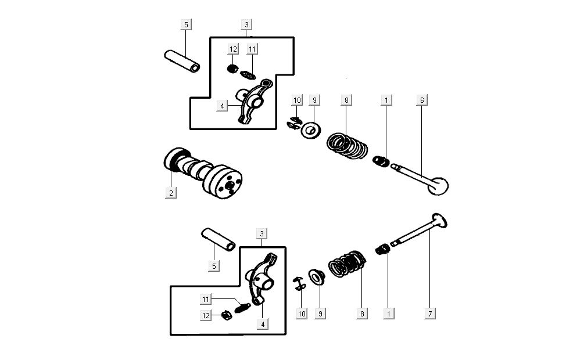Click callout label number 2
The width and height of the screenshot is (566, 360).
click(171, 193)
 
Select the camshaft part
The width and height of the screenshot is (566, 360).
click(203, 172)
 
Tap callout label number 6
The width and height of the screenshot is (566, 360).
click(422, 100)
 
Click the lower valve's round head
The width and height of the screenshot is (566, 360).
click(439, 221)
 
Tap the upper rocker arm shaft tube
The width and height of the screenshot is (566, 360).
click(182, 61)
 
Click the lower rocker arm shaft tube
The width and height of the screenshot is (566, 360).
click(218, 239)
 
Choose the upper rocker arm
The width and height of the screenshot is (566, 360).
click(251, 101)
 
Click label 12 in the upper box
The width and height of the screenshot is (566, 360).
click(232, 48)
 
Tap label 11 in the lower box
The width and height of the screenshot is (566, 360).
click(206, 299)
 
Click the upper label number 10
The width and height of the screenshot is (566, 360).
click(297, 100)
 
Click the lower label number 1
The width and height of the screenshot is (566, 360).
click(388, 313)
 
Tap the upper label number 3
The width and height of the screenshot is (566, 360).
click(247, 24)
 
